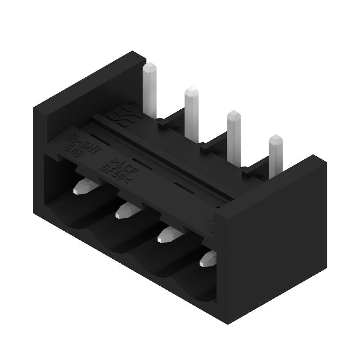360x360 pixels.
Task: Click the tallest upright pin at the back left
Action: pos(150,88)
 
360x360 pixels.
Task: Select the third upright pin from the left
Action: pos(234,135)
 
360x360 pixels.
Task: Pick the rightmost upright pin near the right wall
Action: pos(275,155)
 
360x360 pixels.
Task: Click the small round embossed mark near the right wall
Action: pos(211,224)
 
